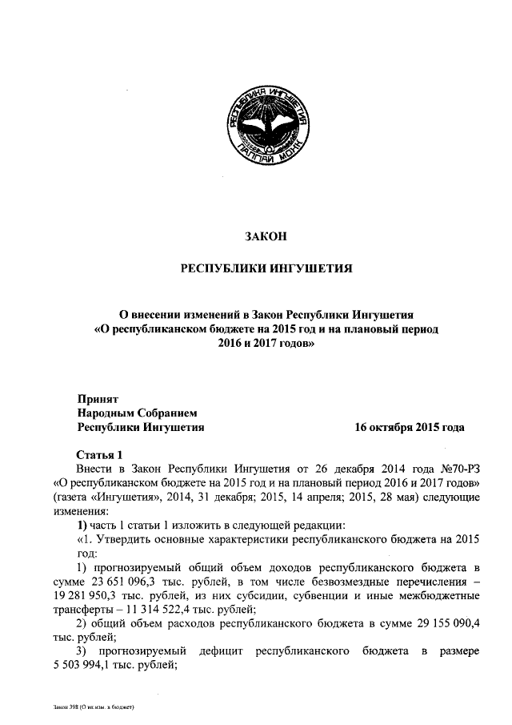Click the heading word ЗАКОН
coord(264,236)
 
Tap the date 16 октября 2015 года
coord(410,428)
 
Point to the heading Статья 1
coord(98,453)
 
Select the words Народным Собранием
coord(137,413)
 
